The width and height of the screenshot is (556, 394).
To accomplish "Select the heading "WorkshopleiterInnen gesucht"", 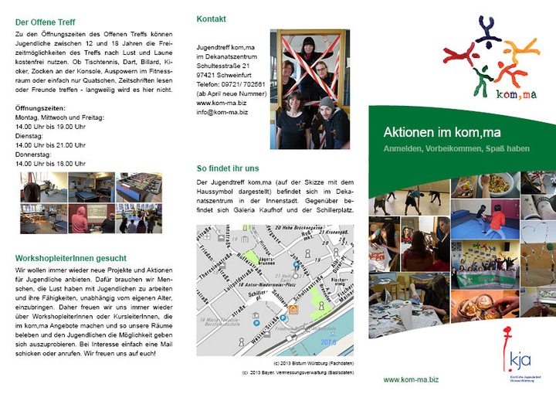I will [72, 257].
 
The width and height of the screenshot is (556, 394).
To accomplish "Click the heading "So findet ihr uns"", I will [228, 167].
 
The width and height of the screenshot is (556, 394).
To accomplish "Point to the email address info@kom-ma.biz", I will [222, 112].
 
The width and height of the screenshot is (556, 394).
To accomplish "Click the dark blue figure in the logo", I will [488, 31].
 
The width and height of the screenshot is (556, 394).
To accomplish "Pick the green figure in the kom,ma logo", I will [483, 77].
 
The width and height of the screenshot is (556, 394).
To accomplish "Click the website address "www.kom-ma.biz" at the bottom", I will [411, 379].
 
